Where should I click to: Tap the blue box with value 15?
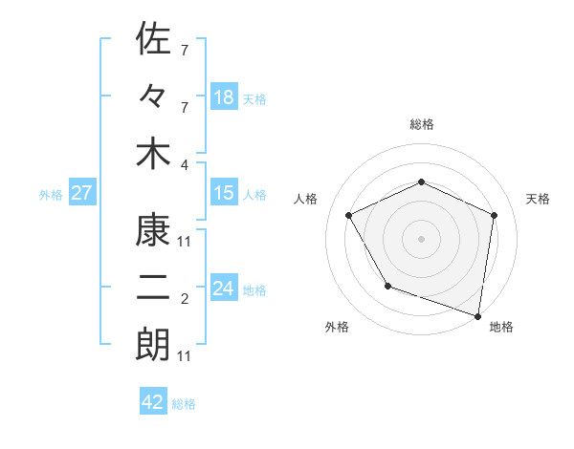pyautogui.click(x=224, y=193)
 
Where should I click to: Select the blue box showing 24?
pyautogui.click(x=224, y=289)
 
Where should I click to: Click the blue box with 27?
pyautogui.click(x=81, y=193)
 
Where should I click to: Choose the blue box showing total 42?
pyautogui.click(x=153, y=402)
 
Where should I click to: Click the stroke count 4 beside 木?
pyautogui.click(x=185, y=163)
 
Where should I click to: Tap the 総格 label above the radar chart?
pyautogui.click(x=421, y=124)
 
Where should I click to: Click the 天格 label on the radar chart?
pyautogui.click(x=538, y=199)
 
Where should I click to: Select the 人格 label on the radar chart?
pyautogui.click(x=306, y=199)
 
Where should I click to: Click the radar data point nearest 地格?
pyautogui.click(x=478, y=315)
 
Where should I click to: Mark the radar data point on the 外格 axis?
pyautogui.click(x=387, y=286)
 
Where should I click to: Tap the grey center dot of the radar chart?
pyautogui.click(x=421, y=238)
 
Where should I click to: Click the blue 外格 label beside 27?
pyautogui.click(x=51, y=194)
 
